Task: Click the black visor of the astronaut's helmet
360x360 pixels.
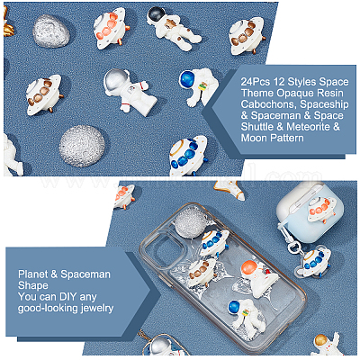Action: (156, 13)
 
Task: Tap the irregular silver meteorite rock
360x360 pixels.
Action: (51, 31)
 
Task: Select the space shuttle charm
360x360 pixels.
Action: (229, 190)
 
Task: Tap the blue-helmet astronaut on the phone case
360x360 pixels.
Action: (244, 315)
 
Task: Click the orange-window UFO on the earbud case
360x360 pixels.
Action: (321, 209)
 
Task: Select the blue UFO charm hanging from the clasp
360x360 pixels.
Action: (316, 262)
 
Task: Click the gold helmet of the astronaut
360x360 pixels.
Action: (320, 340)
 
